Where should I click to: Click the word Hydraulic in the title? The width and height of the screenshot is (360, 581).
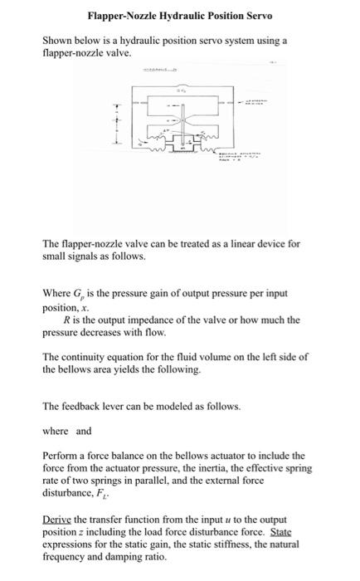point(170,16)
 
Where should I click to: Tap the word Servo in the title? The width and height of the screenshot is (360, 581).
point(257,16)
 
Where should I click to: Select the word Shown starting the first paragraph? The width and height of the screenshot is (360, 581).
point(56,40)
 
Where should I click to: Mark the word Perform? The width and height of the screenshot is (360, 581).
point(60,456)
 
